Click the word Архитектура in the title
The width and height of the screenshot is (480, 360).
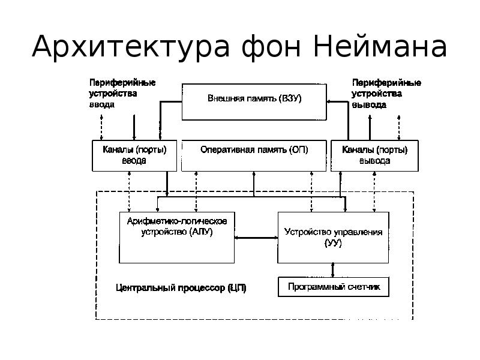click(x=131, y=47)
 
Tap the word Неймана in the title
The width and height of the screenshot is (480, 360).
click(x=380, y=46)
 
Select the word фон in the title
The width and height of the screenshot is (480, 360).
click(x=271, y=47)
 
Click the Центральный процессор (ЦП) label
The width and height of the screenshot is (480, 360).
click(x=181, y=288)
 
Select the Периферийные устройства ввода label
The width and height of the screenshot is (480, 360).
click(x=122, y=94)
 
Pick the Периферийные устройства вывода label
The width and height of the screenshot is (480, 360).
click(x=386, y=94)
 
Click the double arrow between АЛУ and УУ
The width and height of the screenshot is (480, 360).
click(x=256, y=238)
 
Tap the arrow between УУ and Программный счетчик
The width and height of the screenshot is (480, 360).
click(x=333, y=270)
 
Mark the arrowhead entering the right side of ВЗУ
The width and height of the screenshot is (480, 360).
click(x=329, y=101)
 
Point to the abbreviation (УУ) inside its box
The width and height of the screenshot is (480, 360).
click(x=333, y=243)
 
